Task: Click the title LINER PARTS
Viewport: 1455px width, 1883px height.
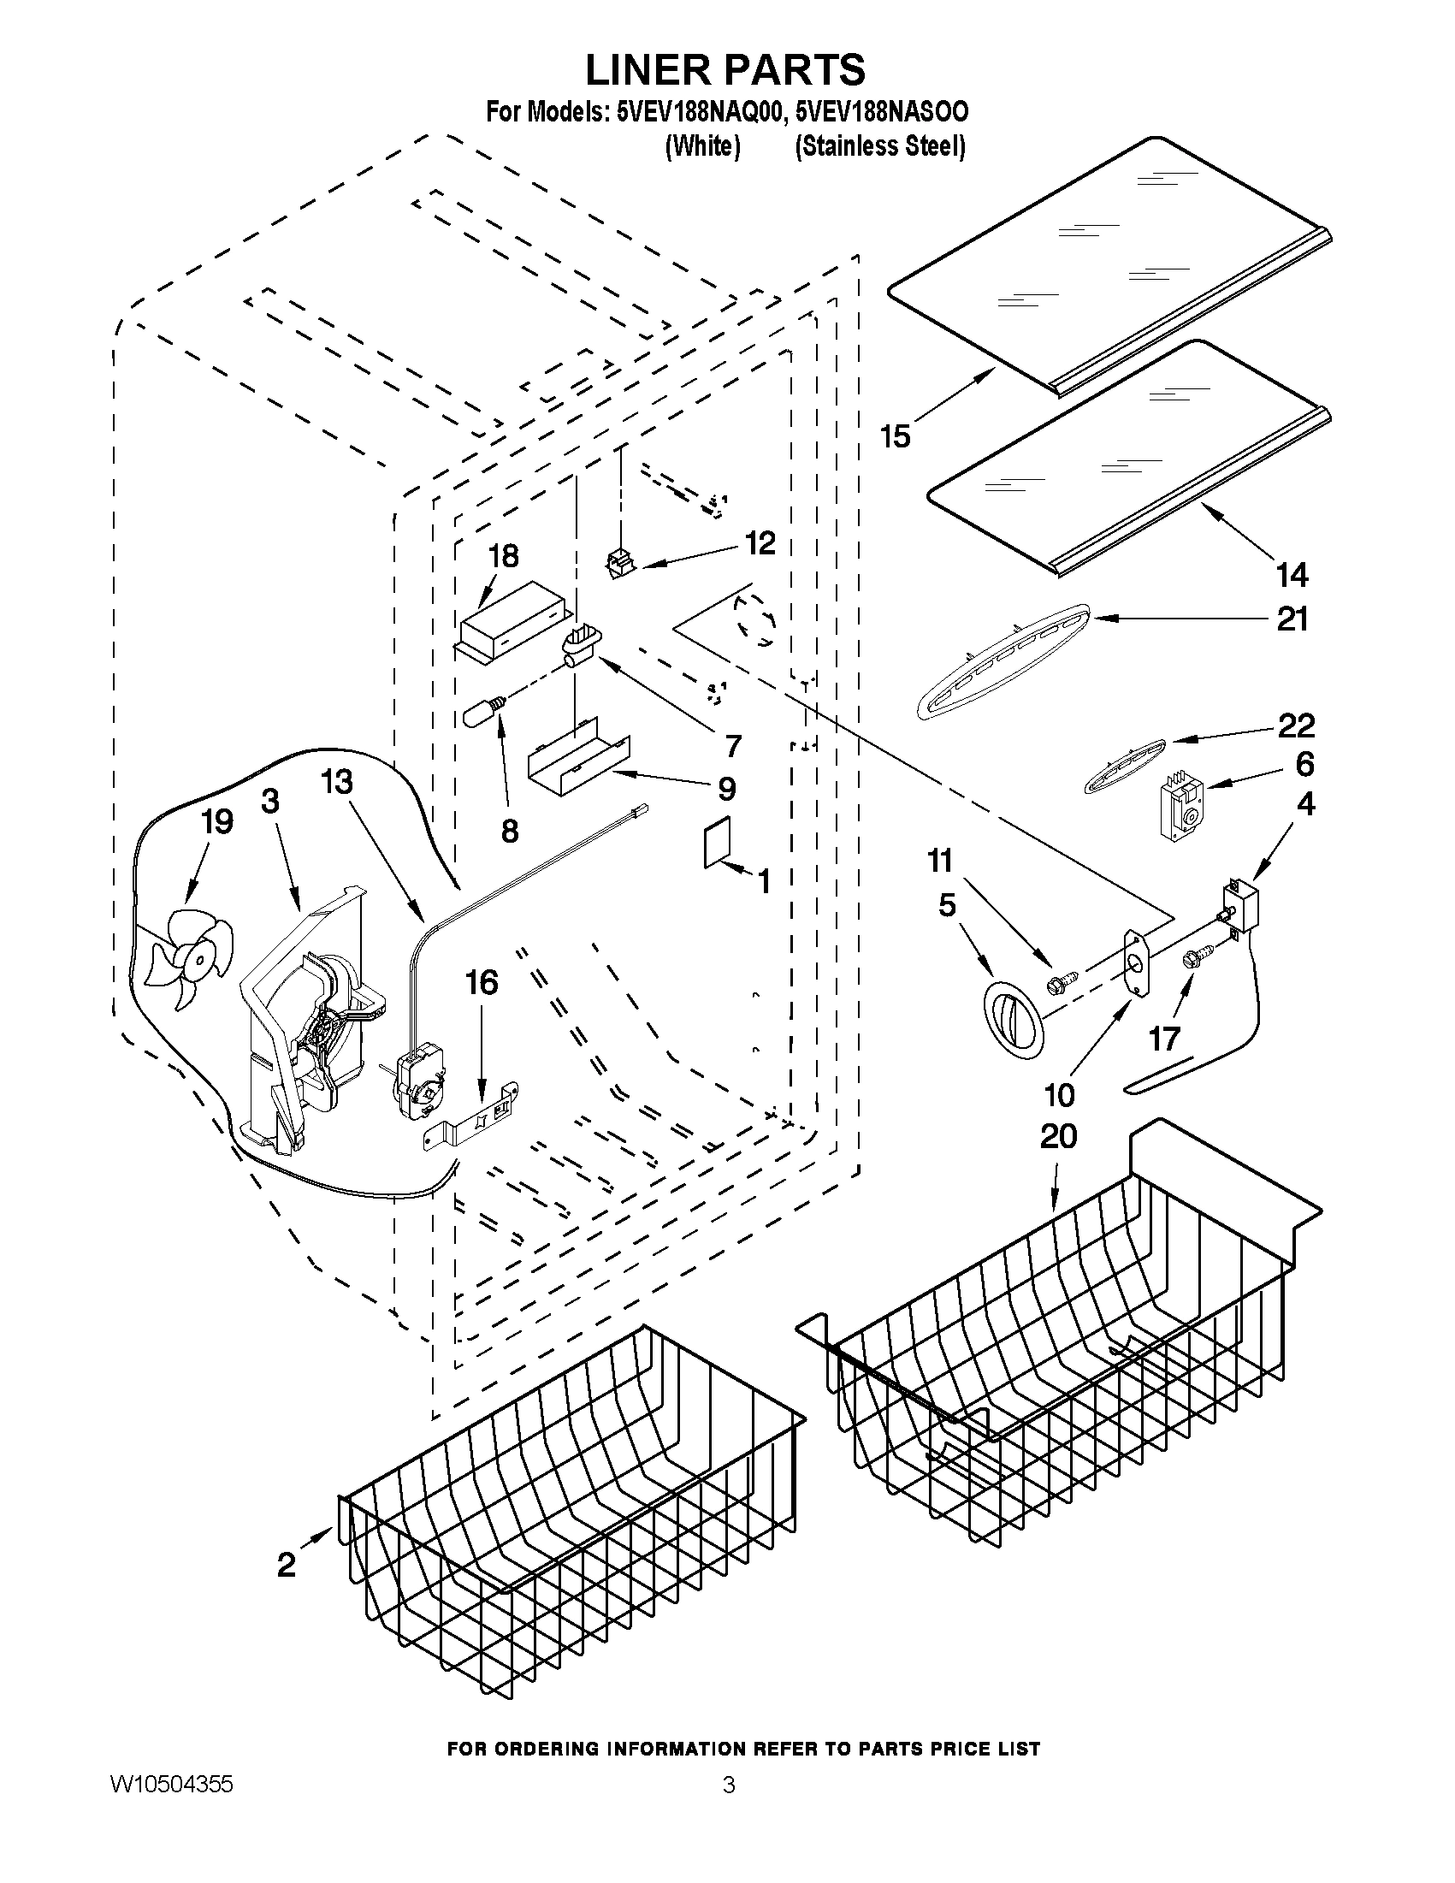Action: [x=725, y=69]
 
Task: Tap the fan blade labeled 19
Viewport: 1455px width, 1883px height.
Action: [x=188, y=962]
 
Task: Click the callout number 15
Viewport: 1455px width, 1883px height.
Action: [x=895, y=436]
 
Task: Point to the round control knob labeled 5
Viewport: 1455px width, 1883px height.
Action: [x=1014, y=1018]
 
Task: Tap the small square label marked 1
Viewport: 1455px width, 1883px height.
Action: [x=717, y=841]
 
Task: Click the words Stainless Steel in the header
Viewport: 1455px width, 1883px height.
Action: [x=879, y=147]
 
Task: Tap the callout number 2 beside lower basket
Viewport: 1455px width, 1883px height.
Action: [x=287, y=1564]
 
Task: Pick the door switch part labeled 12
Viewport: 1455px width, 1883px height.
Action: [x=619, y=565]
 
